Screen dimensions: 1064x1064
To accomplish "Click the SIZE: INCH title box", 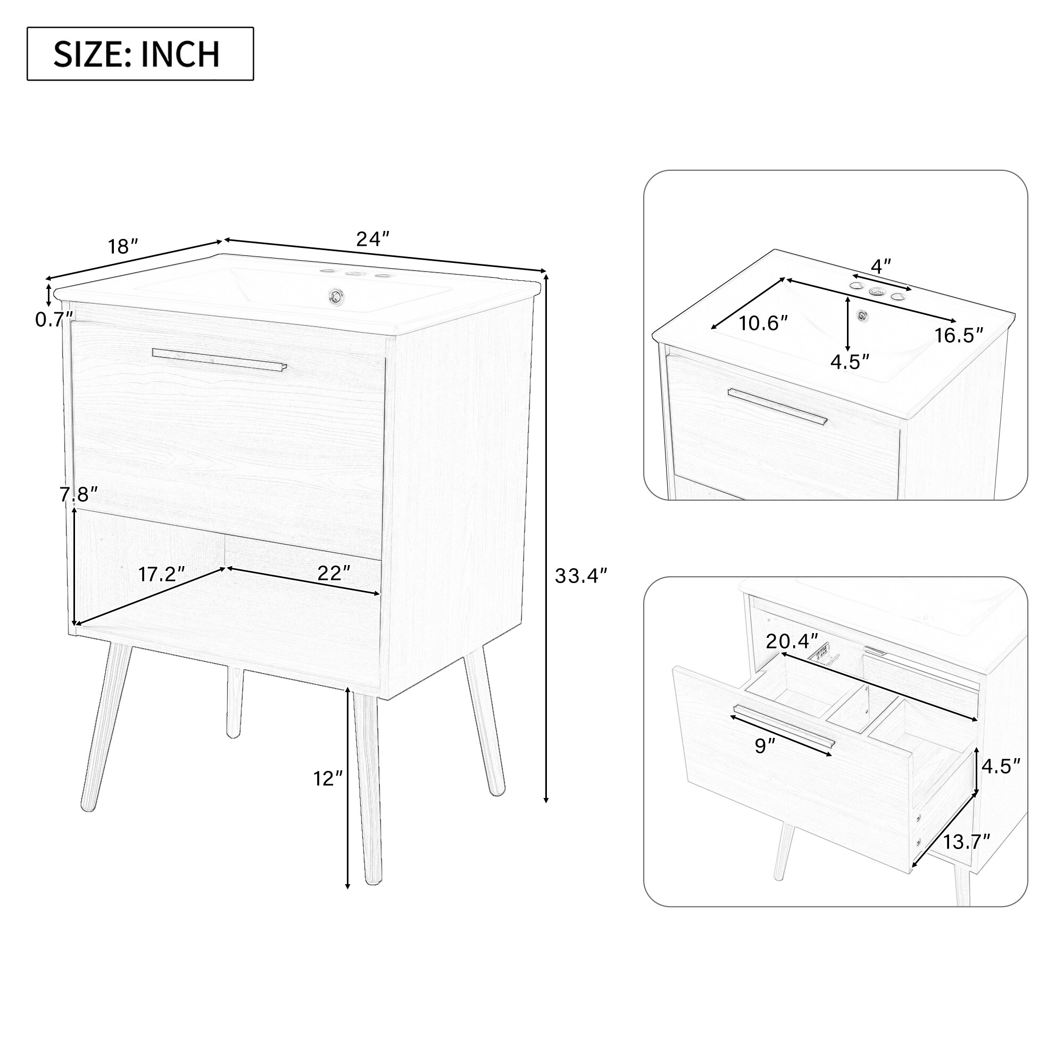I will tap(140, 54).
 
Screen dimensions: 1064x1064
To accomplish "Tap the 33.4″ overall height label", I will tap(580, 576).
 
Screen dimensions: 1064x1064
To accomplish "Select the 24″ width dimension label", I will tap(373, 239).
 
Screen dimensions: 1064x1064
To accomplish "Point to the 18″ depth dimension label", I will tap(122, 247).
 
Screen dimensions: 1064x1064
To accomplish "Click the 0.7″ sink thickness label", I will tap(53, 319).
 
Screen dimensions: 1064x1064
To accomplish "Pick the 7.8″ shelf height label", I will tap(78, 495).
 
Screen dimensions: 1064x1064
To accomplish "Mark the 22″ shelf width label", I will tap(334, 573).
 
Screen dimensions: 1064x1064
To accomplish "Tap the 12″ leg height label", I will tap(328, 778).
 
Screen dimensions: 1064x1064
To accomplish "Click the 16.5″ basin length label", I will tap(958, 335).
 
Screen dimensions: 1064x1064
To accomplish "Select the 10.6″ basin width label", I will tap(763, 323).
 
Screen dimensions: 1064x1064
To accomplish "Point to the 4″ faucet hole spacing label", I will tap(880, 267).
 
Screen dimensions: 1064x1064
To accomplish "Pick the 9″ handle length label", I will tap(765, 746).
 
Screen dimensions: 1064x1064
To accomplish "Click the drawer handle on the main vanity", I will tap(220, 360).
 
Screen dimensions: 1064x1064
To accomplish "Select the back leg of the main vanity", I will tap(235, 702).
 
